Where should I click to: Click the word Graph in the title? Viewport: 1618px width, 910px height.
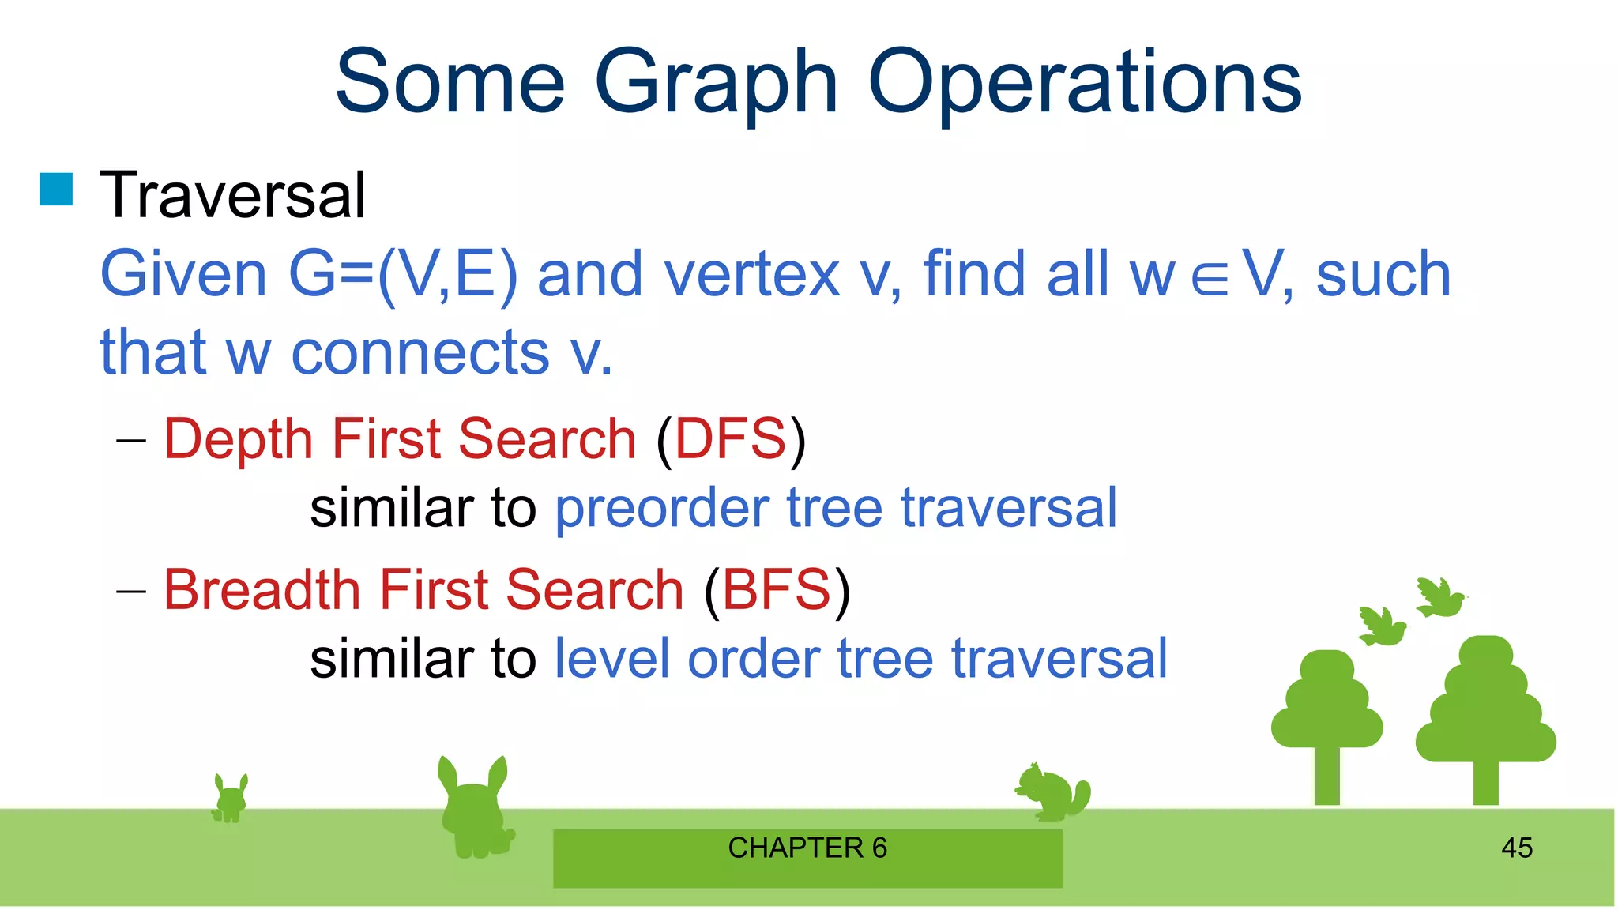[715, 83]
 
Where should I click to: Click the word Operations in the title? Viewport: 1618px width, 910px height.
[1084, 83]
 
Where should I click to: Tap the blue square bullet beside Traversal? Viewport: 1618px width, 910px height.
[56, 190]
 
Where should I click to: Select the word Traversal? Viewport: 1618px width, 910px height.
[232, 195]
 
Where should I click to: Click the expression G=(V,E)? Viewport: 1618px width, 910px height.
[403, 274]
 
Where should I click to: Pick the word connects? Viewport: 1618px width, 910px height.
[420, 353]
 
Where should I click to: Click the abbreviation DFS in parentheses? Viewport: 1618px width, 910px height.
[731, 438]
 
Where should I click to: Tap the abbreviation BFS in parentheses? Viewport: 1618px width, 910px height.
[777, 589]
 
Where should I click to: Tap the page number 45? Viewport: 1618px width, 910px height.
[1516, 848]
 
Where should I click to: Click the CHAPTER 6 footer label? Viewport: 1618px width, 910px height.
[807, 848]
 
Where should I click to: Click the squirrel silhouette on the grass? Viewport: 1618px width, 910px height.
[1053, 792]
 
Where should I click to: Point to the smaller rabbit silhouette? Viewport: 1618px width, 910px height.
[231, 799]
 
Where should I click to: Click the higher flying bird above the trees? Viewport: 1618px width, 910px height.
[1439, 598]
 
